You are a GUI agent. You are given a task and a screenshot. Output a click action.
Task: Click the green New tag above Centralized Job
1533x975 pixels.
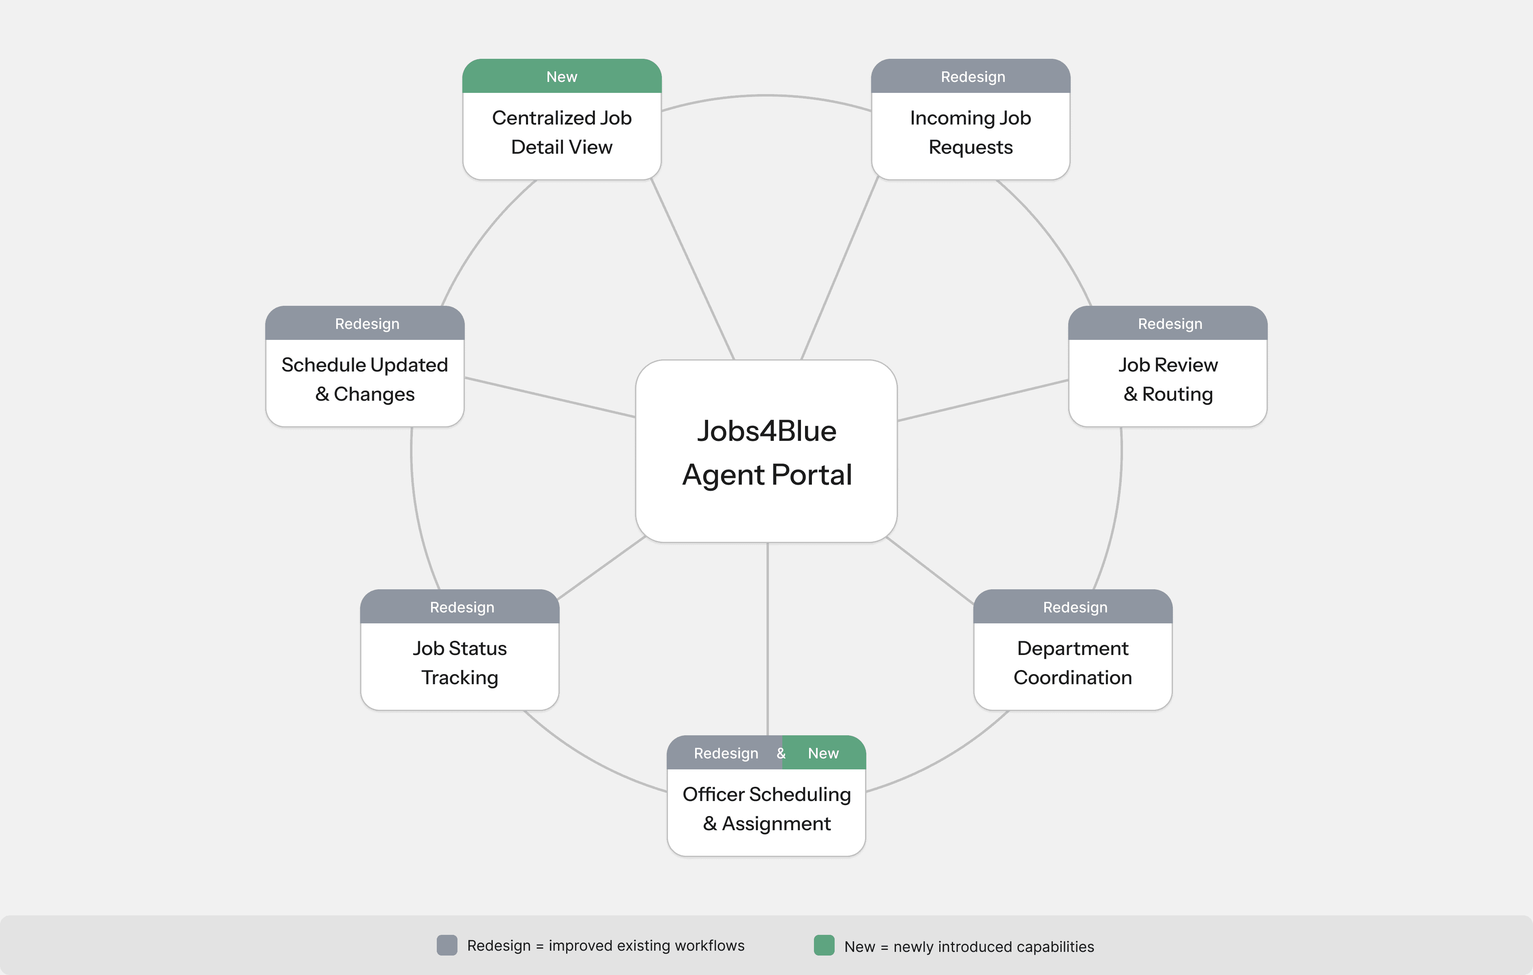[562, 76]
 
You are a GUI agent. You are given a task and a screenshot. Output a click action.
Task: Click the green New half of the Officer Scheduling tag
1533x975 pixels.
[824, 754]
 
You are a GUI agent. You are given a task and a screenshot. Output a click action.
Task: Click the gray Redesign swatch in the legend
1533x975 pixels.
[447, 945]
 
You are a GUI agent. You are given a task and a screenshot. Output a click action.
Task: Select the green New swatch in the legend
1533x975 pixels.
[824, 945]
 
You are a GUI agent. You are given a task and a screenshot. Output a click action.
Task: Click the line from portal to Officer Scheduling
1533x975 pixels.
[768, 637]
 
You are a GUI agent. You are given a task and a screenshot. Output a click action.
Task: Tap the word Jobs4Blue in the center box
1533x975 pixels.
[766, 431]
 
